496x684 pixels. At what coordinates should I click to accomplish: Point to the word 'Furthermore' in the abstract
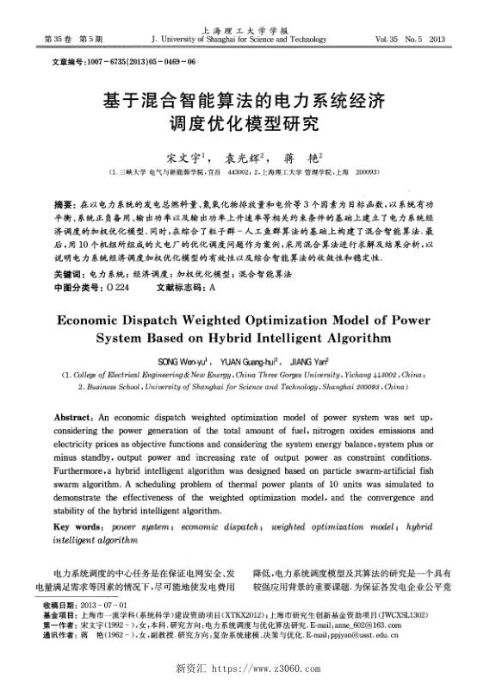[85, 473]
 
